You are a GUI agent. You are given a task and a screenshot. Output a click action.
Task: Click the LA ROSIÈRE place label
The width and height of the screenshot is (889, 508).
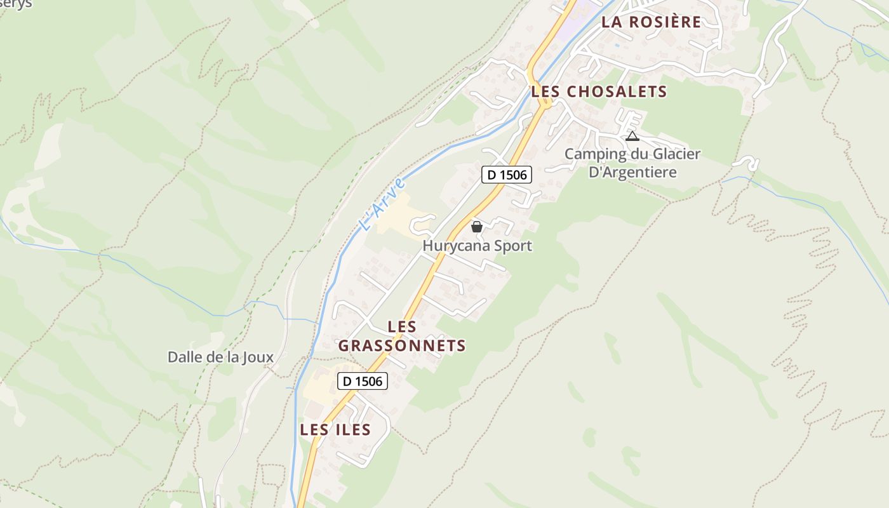[x=652, y=22]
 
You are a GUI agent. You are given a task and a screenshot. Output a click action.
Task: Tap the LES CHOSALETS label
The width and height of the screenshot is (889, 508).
[x=599, y=91]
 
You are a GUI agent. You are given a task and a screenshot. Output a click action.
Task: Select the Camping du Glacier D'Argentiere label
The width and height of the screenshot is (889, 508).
[x=632, y=163]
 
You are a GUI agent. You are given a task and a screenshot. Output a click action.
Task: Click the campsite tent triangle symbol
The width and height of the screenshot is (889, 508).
[x=632, y=136]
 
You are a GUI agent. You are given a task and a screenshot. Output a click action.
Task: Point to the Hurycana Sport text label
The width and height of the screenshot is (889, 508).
[x=478, y=246]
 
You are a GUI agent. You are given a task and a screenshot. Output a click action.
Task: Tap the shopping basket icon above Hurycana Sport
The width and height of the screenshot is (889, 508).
[x=477, y=227]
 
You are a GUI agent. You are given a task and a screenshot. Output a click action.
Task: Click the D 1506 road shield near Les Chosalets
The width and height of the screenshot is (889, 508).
[x=506, y=175]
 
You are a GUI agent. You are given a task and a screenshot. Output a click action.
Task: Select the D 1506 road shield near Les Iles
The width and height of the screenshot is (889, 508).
[x=362, y=381]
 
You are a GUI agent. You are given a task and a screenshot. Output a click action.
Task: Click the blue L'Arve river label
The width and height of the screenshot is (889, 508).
[x=382, y=203]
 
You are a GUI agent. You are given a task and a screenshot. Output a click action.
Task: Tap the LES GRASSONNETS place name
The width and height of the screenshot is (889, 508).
[x=402, y=337]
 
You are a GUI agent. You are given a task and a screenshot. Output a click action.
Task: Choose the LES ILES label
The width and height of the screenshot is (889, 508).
[x=335, y=430]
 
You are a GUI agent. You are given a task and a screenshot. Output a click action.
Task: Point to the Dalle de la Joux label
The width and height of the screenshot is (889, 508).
[x=220, y=357]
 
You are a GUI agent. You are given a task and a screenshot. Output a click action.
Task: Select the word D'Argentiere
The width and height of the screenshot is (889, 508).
[x=632, y=172]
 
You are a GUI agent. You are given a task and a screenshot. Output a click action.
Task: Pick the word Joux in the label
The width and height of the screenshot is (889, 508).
[x=258, y=357]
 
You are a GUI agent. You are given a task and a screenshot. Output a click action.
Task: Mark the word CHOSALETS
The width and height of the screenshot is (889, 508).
[x=617, y=91]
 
